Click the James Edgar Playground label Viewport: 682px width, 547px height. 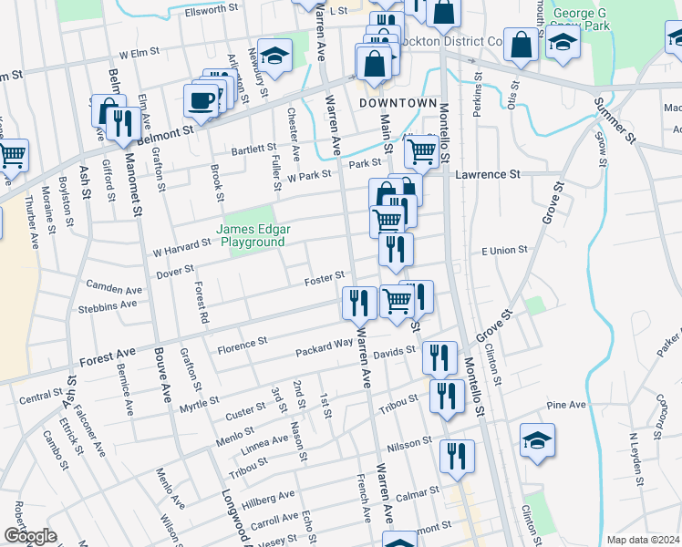(251, 235)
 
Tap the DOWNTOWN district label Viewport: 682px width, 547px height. (398, 103)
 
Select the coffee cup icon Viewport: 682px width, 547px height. (201, 99)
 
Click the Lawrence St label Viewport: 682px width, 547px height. (488, 173)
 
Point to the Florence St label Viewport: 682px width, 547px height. (242, 344)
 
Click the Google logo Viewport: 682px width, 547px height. (29, 536)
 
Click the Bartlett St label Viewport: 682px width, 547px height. (253, 148)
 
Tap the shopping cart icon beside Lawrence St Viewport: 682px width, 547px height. (418, 150)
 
